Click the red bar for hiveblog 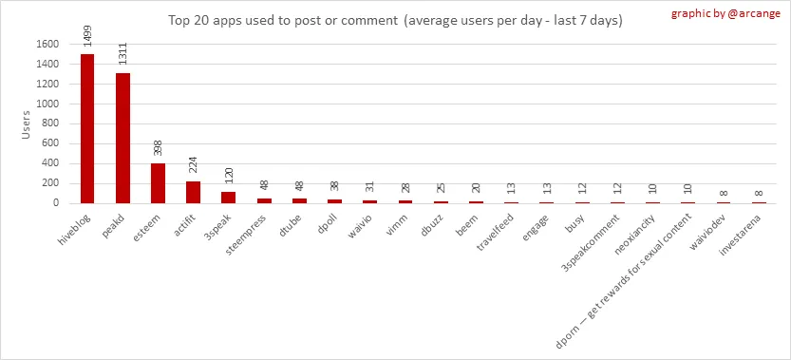87,129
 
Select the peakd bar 122,139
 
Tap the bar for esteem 158,183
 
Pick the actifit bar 193,193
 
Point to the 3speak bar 229,198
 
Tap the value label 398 159,149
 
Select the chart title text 395,21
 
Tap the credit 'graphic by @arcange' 725,13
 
